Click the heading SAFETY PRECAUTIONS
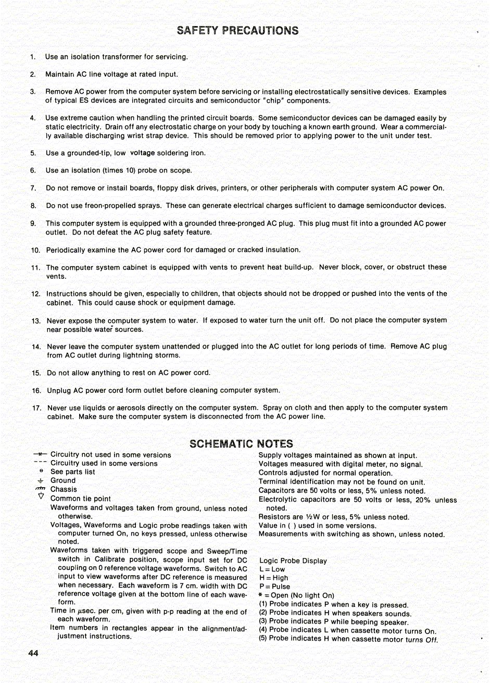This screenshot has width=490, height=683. coord(237,30)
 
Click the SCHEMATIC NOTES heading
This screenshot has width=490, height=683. coord(241,444)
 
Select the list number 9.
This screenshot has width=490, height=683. coord(33,223)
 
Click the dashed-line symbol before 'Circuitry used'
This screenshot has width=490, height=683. coord(41,463)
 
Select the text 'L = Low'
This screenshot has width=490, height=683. coord(272,569)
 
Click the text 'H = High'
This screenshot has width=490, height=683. coord(273,578)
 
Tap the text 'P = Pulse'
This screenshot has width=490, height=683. coord(274,587)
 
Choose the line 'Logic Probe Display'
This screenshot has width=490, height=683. coord(293,561)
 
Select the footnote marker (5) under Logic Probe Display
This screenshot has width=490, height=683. coord(263,638)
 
